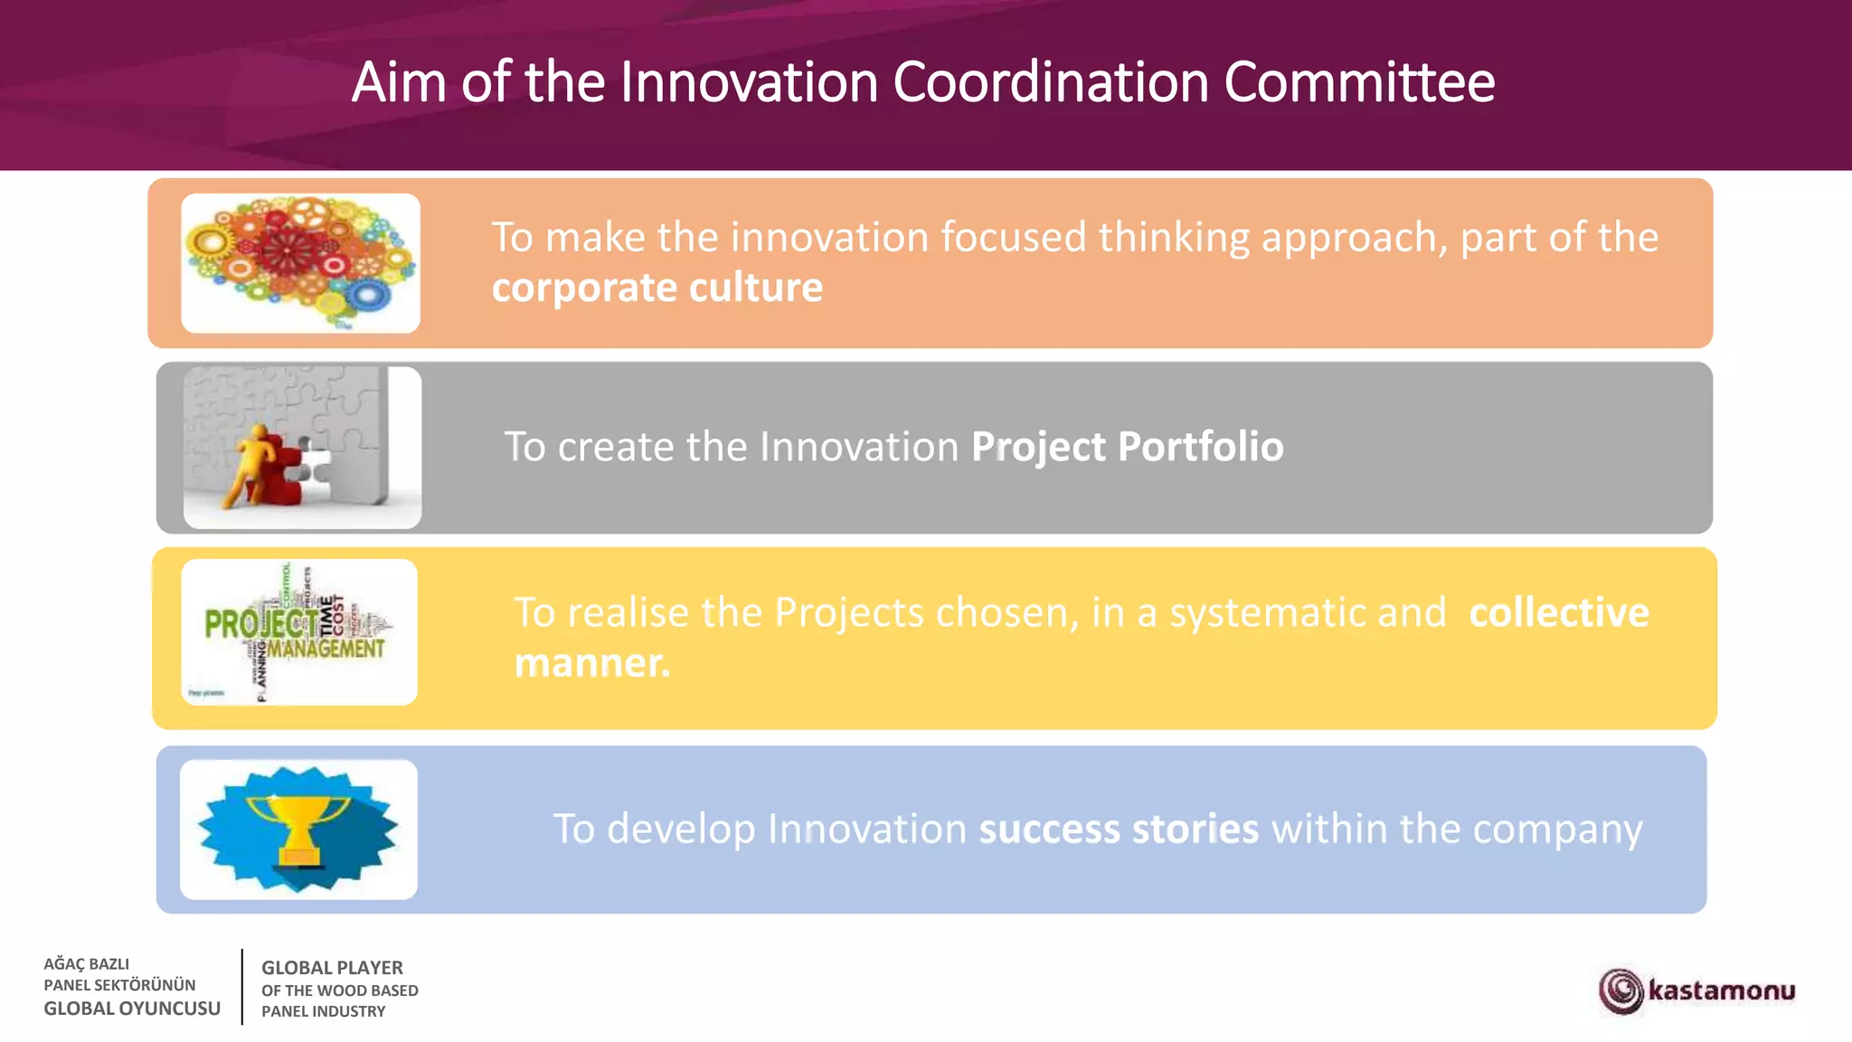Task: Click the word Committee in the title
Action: coord(1359,82)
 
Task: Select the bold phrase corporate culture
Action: coord(657,288)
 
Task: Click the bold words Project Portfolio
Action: coord(1127,447)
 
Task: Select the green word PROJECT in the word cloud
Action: coord(260,623)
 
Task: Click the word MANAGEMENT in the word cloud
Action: coord(326,649)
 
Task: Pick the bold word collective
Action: coord(1558,612)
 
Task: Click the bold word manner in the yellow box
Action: coord(591,663)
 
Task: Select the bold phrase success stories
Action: coord(1119,829)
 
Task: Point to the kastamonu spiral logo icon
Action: coord(1621,990)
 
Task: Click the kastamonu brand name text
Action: coord(1721,990)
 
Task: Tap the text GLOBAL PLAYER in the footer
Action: coord(332,968)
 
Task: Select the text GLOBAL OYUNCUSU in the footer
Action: coord(132,1009)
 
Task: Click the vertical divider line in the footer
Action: coord(242,987)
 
